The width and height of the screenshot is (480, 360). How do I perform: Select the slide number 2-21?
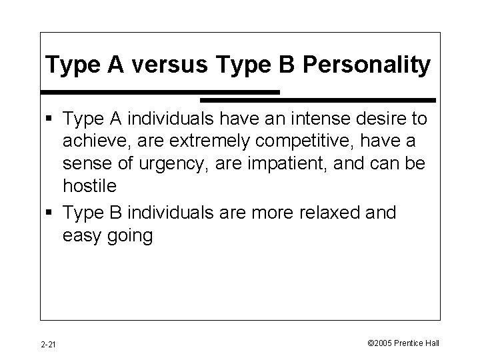[x=47, y=344]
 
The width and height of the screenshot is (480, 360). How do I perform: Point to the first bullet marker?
[x=51, y=120]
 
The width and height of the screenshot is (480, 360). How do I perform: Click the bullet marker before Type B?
[x=51, y=213]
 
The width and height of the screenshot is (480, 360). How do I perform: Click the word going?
[x=133, y=236]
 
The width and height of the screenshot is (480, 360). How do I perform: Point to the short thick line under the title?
[x=160, y=91]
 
